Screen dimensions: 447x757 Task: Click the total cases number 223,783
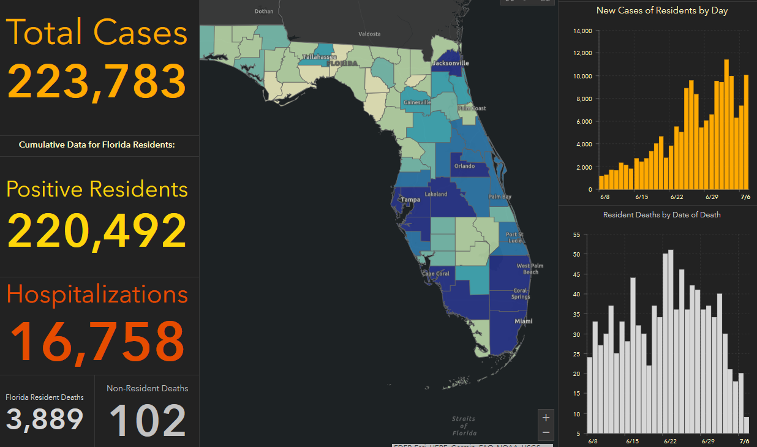click(x=97, y=81)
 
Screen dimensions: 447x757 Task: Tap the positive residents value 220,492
click(x=97, y=231)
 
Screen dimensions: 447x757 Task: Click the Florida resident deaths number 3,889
click(x=45, y=419)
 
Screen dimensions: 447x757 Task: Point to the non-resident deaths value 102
click(x=148, y=421)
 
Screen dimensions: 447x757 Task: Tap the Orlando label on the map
click(x=465, y=166)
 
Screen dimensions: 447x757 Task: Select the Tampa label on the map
click(x=411, y=200)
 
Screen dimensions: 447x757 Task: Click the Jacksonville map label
click(x=450, y=63)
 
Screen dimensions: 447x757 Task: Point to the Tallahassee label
click(x=318, y=57)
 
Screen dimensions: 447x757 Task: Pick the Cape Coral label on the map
click(x=435, y=274)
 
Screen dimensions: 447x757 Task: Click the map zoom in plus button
click(x=546, y=418)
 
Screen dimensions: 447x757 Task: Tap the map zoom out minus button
click(x=546, y=432)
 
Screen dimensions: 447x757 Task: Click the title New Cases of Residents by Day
click(x=662, y=10)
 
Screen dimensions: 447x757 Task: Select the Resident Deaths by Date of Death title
click(x=661, y=215)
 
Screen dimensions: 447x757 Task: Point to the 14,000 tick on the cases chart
click(x=582, y=31)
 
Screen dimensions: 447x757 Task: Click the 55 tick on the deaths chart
click(x=576, y=235)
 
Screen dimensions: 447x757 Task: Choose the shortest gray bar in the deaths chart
click(x=746, y=425)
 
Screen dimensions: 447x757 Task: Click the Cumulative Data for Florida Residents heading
click(x=97, y=145)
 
